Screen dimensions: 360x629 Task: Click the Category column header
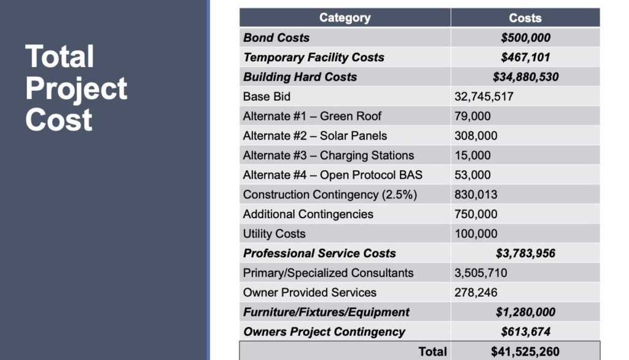coord(345,18)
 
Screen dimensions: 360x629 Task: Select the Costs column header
coord(525,18)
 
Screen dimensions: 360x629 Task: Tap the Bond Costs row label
coord(276,37)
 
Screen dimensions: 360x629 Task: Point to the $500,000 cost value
coord(525,37)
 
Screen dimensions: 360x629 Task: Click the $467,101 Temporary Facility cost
coord(525,57)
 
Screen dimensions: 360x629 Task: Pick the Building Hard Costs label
coord(300,77)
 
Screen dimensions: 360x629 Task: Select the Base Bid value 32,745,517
coord(484,96)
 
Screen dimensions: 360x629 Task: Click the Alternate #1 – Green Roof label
coord(312,116)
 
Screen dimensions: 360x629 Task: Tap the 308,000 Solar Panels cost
coord(476,136)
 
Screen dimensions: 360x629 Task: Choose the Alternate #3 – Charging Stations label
coord(329,155)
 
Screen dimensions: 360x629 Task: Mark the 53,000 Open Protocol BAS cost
coord(472,175)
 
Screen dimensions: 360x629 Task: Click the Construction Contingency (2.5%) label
coord(330,195)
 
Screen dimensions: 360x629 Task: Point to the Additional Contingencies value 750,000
coord(476,214)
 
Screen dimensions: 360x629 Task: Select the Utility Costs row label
coord(274,234)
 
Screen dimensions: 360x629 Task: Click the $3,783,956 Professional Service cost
coord(525,253)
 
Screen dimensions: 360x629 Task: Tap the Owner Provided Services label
coord(310,292)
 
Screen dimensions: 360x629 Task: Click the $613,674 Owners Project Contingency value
coord(525,332)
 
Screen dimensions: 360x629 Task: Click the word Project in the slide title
coord(76,88)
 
